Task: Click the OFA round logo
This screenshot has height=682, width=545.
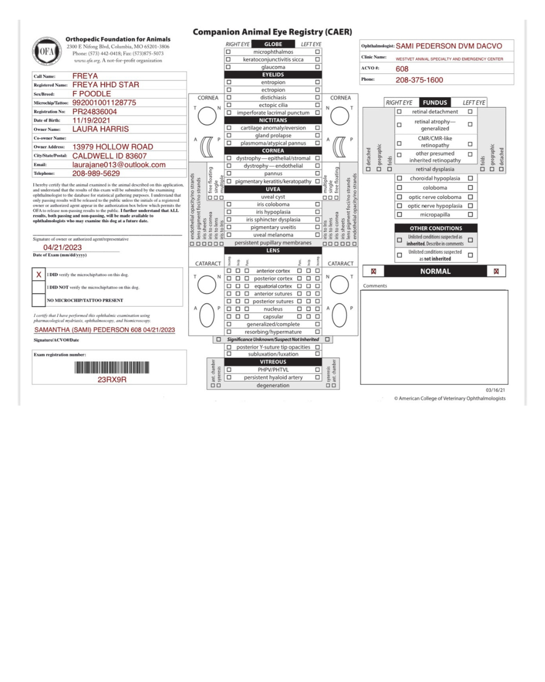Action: [46, 51]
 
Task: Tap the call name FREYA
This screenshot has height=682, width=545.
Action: [85, 76]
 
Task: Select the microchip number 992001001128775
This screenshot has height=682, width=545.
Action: [104, 103]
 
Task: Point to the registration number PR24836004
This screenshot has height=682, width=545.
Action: [94, 112]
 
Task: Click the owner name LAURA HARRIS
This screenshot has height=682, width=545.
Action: [100, 129]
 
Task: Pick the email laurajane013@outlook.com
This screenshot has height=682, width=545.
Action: [119, 165]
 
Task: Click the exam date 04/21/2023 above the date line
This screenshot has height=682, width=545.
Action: [63, 248]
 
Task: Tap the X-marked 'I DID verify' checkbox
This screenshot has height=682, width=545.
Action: [38, 275]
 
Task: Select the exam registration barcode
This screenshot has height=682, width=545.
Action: [112, 367]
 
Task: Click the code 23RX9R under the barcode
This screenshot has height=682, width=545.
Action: [112, 379]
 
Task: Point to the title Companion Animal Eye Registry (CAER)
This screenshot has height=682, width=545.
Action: [272, 32]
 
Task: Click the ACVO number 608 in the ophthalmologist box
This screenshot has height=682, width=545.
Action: [402, 69]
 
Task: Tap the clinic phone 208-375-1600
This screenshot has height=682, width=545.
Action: [419, 80]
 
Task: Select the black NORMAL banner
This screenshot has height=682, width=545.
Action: [435, 271]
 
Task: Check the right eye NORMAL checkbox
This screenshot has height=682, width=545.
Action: [373, 271]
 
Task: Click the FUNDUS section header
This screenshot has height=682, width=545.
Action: [434, 103]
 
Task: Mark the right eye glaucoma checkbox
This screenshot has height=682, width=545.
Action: [228, 67]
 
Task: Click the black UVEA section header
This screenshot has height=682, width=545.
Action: [273, 189]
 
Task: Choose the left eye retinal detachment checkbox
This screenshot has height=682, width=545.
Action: [470, 112]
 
